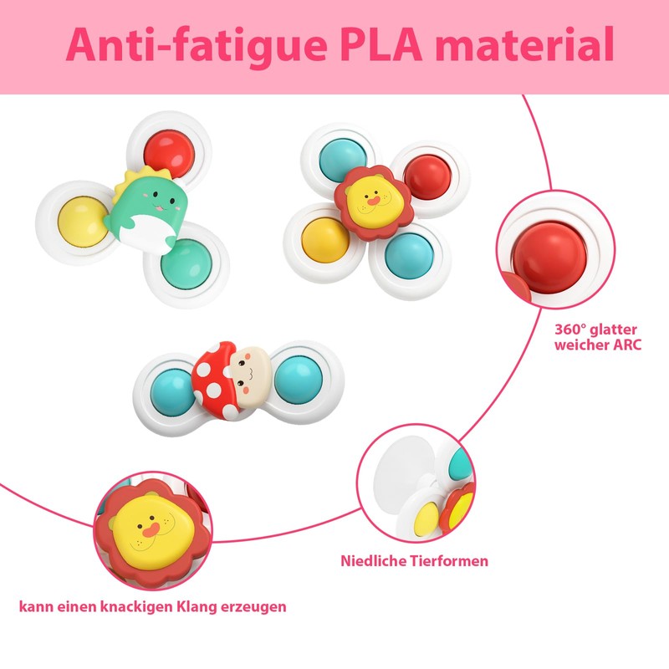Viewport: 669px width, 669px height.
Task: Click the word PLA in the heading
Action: coord(380,44)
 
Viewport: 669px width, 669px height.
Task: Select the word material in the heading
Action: coord(524,44)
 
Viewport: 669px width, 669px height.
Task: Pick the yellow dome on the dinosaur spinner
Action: coord(81,221)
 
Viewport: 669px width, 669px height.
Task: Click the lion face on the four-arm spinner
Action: coord(372,202)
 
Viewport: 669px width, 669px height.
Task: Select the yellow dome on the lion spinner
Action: coord(325,240)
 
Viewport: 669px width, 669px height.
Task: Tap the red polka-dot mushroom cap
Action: coord(216,380)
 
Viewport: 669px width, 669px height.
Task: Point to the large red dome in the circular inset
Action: coord(549,258)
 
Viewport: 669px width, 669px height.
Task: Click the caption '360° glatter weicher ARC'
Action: coord(598,337)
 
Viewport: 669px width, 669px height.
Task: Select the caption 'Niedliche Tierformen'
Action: coord(414,561)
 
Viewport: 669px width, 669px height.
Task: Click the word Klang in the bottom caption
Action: coord(196,607)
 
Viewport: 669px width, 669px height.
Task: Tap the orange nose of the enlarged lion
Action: coord(151,530)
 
